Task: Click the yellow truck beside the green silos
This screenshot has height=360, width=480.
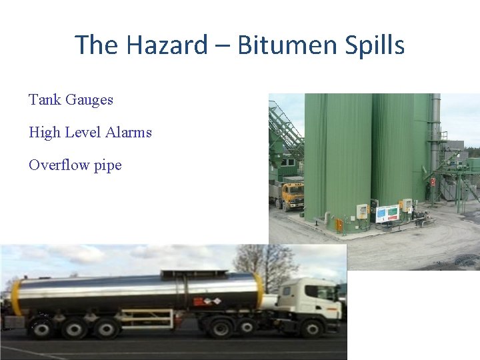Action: click(x=291, y=194)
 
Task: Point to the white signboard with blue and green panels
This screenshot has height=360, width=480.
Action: click(x=387, y=213)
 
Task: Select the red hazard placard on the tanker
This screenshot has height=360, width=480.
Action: click(x=199, y=301)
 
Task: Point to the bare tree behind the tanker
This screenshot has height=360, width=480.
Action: click(x=267, y=263)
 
